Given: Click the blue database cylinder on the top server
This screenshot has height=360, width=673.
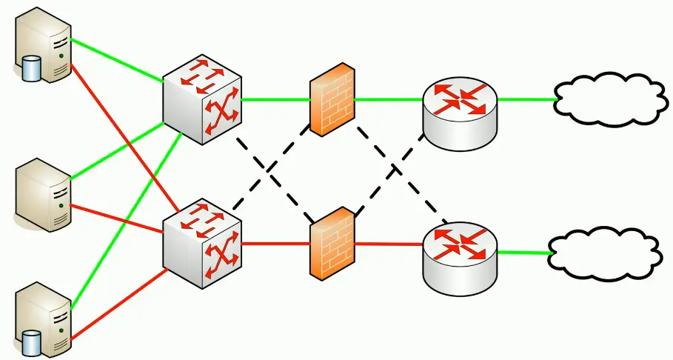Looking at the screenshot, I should pyautogui.click(x=31, y=69).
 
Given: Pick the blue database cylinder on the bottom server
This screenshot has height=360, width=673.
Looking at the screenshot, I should pyautogui.click(x=31, y=342).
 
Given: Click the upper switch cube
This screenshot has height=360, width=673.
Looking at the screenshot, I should pyautogui.click(x=202, y=99).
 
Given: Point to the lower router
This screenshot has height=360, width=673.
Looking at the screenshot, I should pyautogui.click(x=460, y=255).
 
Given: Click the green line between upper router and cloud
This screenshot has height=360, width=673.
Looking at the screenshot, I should pyautogui.click(x=526, y=99).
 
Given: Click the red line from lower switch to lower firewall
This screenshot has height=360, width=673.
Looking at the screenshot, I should pyautogui.click(x=275, y=243).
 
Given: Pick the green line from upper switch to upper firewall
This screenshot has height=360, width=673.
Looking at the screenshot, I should pyautogui.click(x=275, y=99).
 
